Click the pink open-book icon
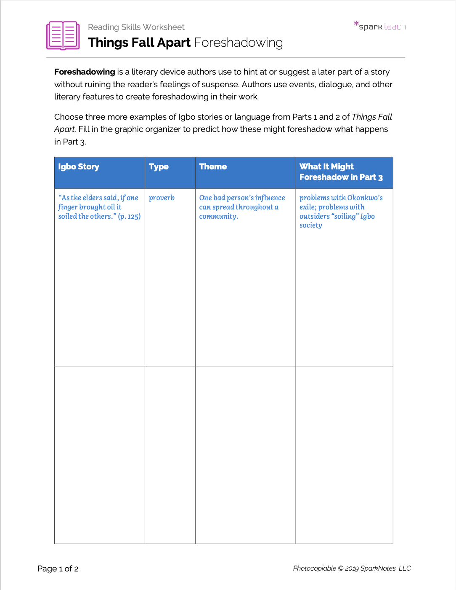click(x=63, y=35)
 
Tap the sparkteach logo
click(x=380, y=26)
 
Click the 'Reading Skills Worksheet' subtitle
click(x=136, y=27)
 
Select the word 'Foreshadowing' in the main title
click(x=239, y=43)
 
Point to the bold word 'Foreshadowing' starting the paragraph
click(x=85, y=72)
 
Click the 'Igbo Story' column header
click(x=79, y=167)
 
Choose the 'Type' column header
click(x=159, y=167)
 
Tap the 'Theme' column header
click(x=213, y=167)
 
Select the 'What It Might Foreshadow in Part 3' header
click(x=341, y=172)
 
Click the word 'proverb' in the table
click(x=162, y=198)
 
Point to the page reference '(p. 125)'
click(x=129, y=217)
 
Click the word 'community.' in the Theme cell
click(x=218, y=217)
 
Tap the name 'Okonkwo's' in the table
click(x=365, y=198)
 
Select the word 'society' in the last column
click(x=310, y=225)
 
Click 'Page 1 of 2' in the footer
click(x=58, y=569)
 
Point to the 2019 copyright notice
click(x=352, y=569)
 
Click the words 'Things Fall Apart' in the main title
click(x=139, y=43)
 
